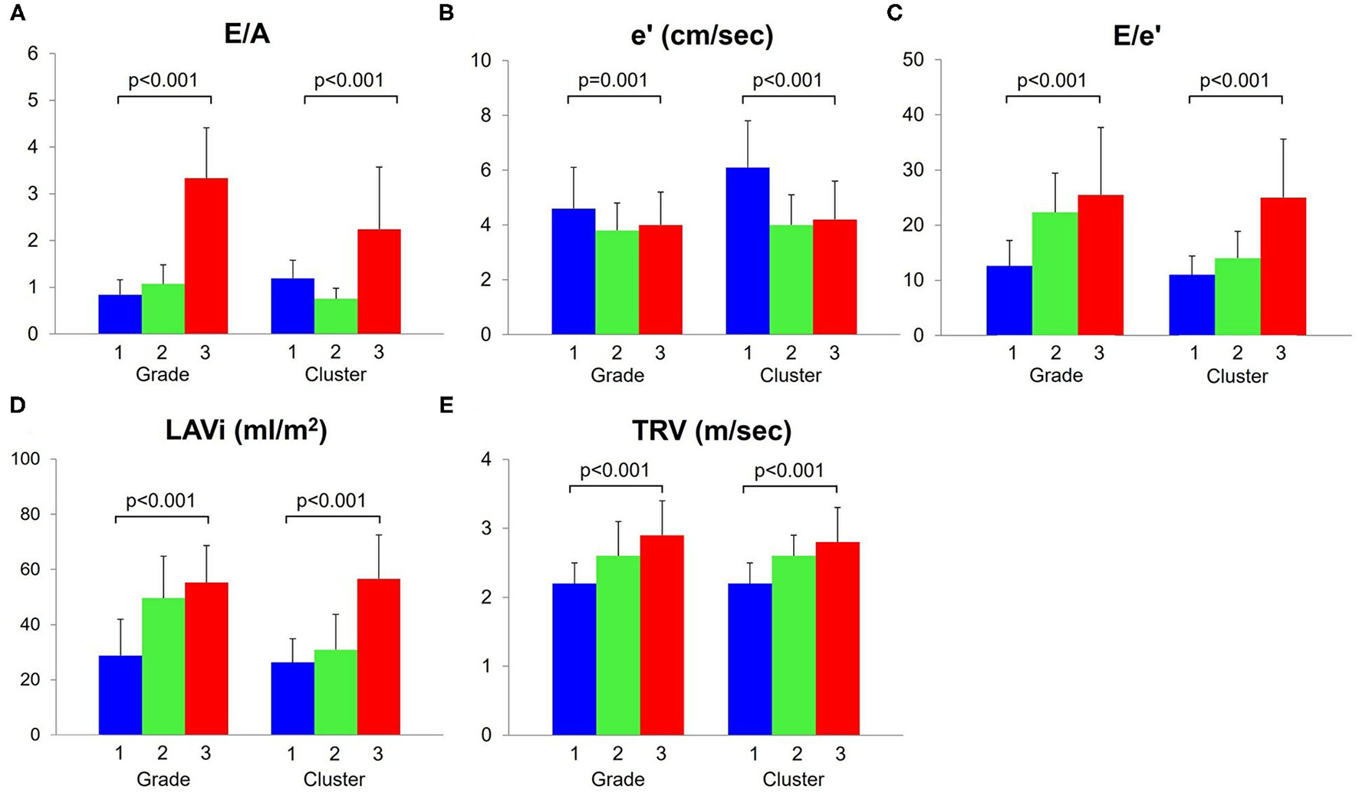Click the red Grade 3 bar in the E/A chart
pyautogui.click(x=206, y=256)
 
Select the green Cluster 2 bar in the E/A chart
pyautogui.click(x=336, y=316)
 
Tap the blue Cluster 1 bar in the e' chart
pyautogui.click(x=748, y=251)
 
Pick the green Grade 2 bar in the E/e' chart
pyautogui.click(x=1055, y=274)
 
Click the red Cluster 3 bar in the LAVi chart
pyautogui.click(x=379, y=656)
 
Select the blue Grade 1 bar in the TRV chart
pyautogui.click(x=574, y=659)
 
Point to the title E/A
pyautogui.click(x=248, y=35)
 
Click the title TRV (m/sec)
pyautogui.click(x=712, y=431)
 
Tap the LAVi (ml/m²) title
pyautogui.click(x=246, y=431)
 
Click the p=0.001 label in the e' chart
pyautogui.click(x=613, y=81)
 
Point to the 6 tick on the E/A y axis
pyautogui.click(x=32, y=54)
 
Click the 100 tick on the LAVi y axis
pyautogui.click(x=25, y=459)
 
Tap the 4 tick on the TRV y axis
pyautogui.click(x=486, y=460)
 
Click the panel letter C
pyautogui.click(x=894, y=14)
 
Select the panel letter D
pyautogui.click(x=17, y=405)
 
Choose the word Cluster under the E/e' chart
pyautogui.click(x=1237, y=377)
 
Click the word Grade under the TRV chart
pyautogui.click(x=617, y=780)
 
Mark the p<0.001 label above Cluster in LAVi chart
pyautogui.click(x=331, y=501)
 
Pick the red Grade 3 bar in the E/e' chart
pyautogui.click(x=1100, y=265)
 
